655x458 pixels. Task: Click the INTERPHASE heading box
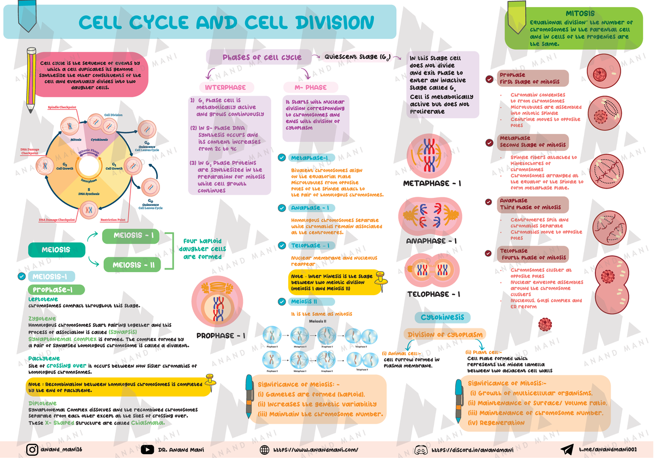(225, 87)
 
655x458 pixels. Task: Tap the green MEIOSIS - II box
(133, 265)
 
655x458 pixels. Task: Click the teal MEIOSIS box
(56, 250)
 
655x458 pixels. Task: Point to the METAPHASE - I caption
(432, 184)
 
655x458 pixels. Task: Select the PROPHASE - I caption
(221, 336)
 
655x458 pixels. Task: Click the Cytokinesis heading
(442, 318)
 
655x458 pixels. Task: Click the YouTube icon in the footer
(147, 450)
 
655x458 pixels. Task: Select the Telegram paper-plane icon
(568, 450)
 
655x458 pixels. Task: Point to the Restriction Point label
(113, 220)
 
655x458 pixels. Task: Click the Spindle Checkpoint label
(62, 108)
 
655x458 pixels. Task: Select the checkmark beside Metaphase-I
(282, 158)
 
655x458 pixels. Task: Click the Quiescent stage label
(357, 57)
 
